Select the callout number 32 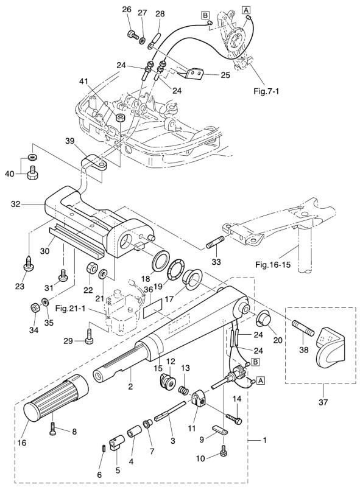pyautogui.click(x=16, y=204)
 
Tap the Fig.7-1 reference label pyautogui.click(x=266, y=92)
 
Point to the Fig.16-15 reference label pyautogui.click(x=273, y=265)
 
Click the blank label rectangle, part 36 pyautogui.click(x=152, y=308)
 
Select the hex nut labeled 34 pyautogui.click(x=35, y=309)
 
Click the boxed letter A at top pyautogui.click(x=246, y=10)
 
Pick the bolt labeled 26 pyautogui.click(x=132, y=34)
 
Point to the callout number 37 pyautogui.click(x=323, y=402)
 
